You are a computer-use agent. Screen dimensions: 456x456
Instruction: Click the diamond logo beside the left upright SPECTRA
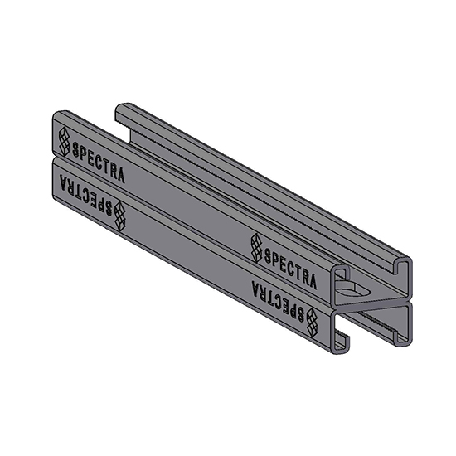(64, 141)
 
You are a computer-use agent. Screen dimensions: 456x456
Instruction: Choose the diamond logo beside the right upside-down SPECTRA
(312, 318)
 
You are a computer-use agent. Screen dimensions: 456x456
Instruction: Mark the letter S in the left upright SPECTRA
(77, 152)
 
